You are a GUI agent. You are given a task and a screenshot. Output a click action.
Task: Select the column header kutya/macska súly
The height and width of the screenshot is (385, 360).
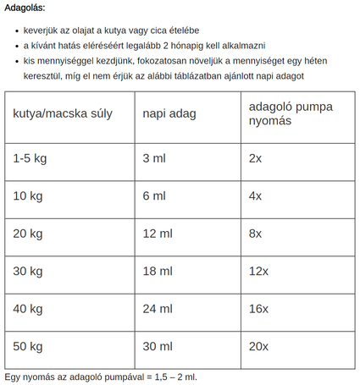63,113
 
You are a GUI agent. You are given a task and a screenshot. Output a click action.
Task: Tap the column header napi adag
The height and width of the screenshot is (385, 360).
168,113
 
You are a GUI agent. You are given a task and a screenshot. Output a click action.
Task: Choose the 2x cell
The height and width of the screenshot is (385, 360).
256,158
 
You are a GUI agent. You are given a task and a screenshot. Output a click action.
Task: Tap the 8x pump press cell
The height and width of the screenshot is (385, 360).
256,234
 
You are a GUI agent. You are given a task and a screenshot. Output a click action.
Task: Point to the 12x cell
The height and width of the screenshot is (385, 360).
259,271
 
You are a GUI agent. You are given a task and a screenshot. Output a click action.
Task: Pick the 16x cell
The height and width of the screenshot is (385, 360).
259,309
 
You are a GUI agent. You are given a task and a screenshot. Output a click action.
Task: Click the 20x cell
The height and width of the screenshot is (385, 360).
259,346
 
